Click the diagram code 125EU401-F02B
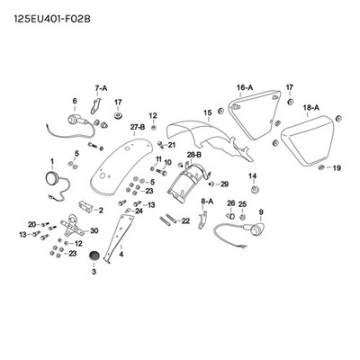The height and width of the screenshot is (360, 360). (52, 19)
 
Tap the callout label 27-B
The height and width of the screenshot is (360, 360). (138, 127)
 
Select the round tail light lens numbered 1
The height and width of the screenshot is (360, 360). (51, 177)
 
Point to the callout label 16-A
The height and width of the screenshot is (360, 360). (245, 87)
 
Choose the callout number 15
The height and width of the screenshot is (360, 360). (208, 112)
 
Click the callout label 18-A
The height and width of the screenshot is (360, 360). (311, 108)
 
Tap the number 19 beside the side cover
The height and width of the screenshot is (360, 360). (337, 168)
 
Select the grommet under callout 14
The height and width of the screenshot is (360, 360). (255, 190)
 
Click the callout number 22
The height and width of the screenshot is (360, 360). (185, 221)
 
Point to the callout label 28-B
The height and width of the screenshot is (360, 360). (194, 155)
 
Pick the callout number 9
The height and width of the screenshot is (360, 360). (261, 212)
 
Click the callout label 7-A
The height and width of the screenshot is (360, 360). (101, 88)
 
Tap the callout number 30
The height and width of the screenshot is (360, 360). (94, 230)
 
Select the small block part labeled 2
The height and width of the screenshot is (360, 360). (85, 207)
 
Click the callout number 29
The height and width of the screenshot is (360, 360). (224, 184)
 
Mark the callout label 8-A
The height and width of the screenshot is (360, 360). (207, 202)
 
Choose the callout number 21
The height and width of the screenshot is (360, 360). (171, 145)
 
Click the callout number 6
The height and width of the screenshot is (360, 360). (75, 101)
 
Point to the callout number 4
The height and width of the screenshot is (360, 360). (121, 255)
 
